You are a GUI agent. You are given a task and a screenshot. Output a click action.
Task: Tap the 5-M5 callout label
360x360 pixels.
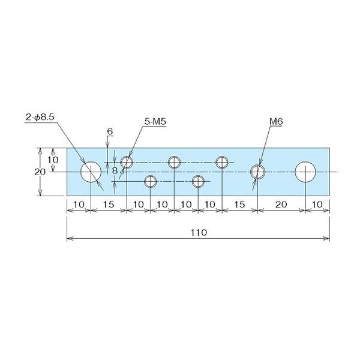(x=155, y=121)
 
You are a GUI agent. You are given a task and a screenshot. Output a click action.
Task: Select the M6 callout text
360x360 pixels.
(x=276, y=121)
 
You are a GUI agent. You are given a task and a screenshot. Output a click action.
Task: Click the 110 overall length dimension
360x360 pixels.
(x=197, y=232)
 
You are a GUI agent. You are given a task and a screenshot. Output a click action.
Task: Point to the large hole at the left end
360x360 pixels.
(x=91, y=172)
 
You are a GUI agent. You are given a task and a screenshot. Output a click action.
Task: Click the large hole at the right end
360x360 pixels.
(x=306, y=172)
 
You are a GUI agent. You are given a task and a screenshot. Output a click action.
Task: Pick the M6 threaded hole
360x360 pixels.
(x=257, y=172)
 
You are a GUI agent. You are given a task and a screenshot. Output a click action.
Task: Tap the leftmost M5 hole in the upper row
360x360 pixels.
(x=127, y=162)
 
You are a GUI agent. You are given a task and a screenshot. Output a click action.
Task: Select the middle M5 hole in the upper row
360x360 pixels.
(x=174, y=162)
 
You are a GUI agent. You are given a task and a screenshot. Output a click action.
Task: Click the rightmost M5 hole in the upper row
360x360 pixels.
(x=222, y=162)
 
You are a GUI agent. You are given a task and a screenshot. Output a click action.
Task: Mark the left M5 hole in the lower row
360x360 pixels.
(x=150, y=181)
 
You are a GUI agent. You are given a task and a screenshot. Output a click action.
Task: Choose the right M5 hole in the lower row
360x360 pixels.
(x=198, y=181)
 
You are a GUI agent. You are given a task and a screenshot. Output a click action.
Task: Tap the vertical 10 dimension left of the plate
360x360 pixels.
(x=53, y=160)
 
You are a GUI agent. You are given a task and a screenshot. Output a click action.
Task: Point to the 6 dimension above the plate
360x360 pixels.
(x=110, y=131)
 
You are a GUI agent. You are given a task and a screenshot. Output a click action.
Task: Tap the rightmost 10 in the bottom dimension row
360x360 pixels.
(x=317, y=205)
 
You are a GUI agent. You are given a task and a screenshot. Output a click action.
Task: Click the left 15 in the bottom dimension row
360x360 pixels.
(x=108, y=205)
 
